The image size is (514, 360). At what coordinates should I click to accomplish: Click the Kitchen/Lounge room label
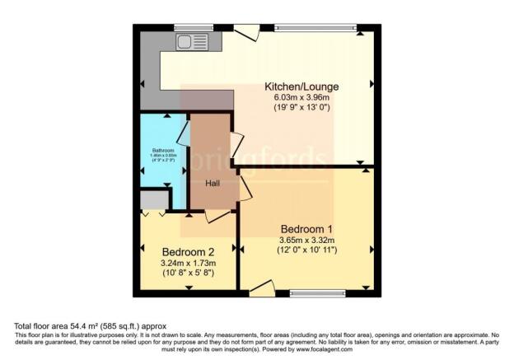coord(301,86)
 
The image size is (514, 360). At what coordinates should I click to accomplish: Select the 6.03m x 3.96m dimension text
coord(301,97)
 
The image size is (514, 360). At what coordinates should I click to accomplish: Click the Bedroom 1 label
coord(306,228)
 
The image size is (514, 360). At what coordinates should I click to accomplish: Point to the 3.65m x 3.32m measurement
coord(306,240)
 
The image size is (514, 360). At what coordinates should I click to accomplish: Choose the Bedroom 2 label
coord(188,251)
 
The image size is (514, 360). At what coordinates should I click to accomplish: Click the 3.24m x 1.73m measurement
coord(188,263)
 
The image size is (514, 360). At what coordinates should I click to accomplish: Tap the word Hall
coord(212,184)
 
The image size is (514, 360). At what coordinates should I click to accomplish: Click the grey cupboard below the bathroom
coord(153,199)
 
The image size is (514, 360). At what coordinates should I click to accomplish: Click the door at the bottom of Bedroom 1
coord(262,288)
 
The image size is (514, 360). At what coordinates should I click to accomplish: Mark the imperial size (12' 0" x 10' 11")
coord(306,250)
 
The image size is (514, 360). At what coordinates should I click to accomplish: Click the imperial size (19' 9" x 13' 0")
coord(301,108)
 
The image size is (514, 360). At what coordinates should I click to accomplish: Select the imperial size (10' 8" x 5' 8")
coord(188,273)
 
